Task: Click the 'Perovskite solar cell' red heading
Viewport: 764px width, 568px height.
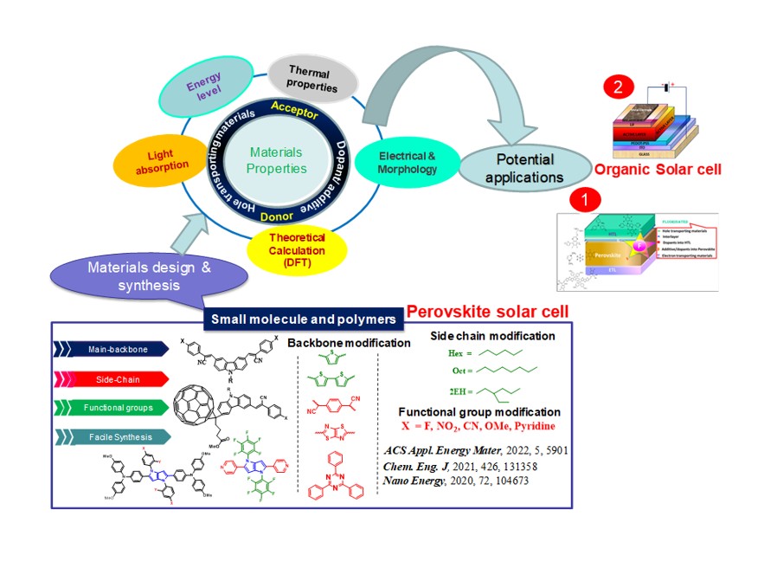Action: (486, 311)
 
